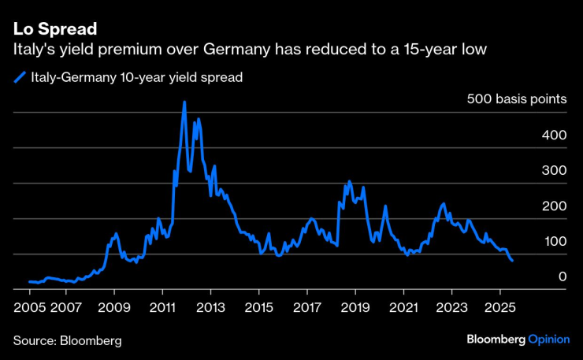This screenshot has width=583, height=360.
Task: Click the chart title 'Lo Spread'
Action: [x=54, y=30]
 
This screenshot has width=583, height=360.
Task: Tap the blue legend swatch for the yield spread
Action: [x=20, y=77]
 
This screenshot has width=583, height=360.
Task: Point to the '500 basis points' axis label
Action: [x=516, y=100]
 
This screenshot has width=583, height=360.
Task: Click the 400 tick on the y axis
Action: [x=553, y=135]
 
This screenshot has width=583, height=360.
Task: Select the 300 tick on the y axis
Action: [x=553, y=171]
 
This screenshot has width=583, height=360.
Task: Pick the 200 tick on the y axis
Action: [x=553, y=206]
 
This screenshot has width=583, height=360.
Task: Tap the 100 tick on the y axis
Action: [x=553, y=242]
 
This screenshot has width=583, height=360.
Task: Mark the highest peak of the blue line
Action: [x=184, y=102]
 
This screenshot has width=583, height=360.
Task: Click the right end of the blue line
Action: [x=512, y=260]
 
